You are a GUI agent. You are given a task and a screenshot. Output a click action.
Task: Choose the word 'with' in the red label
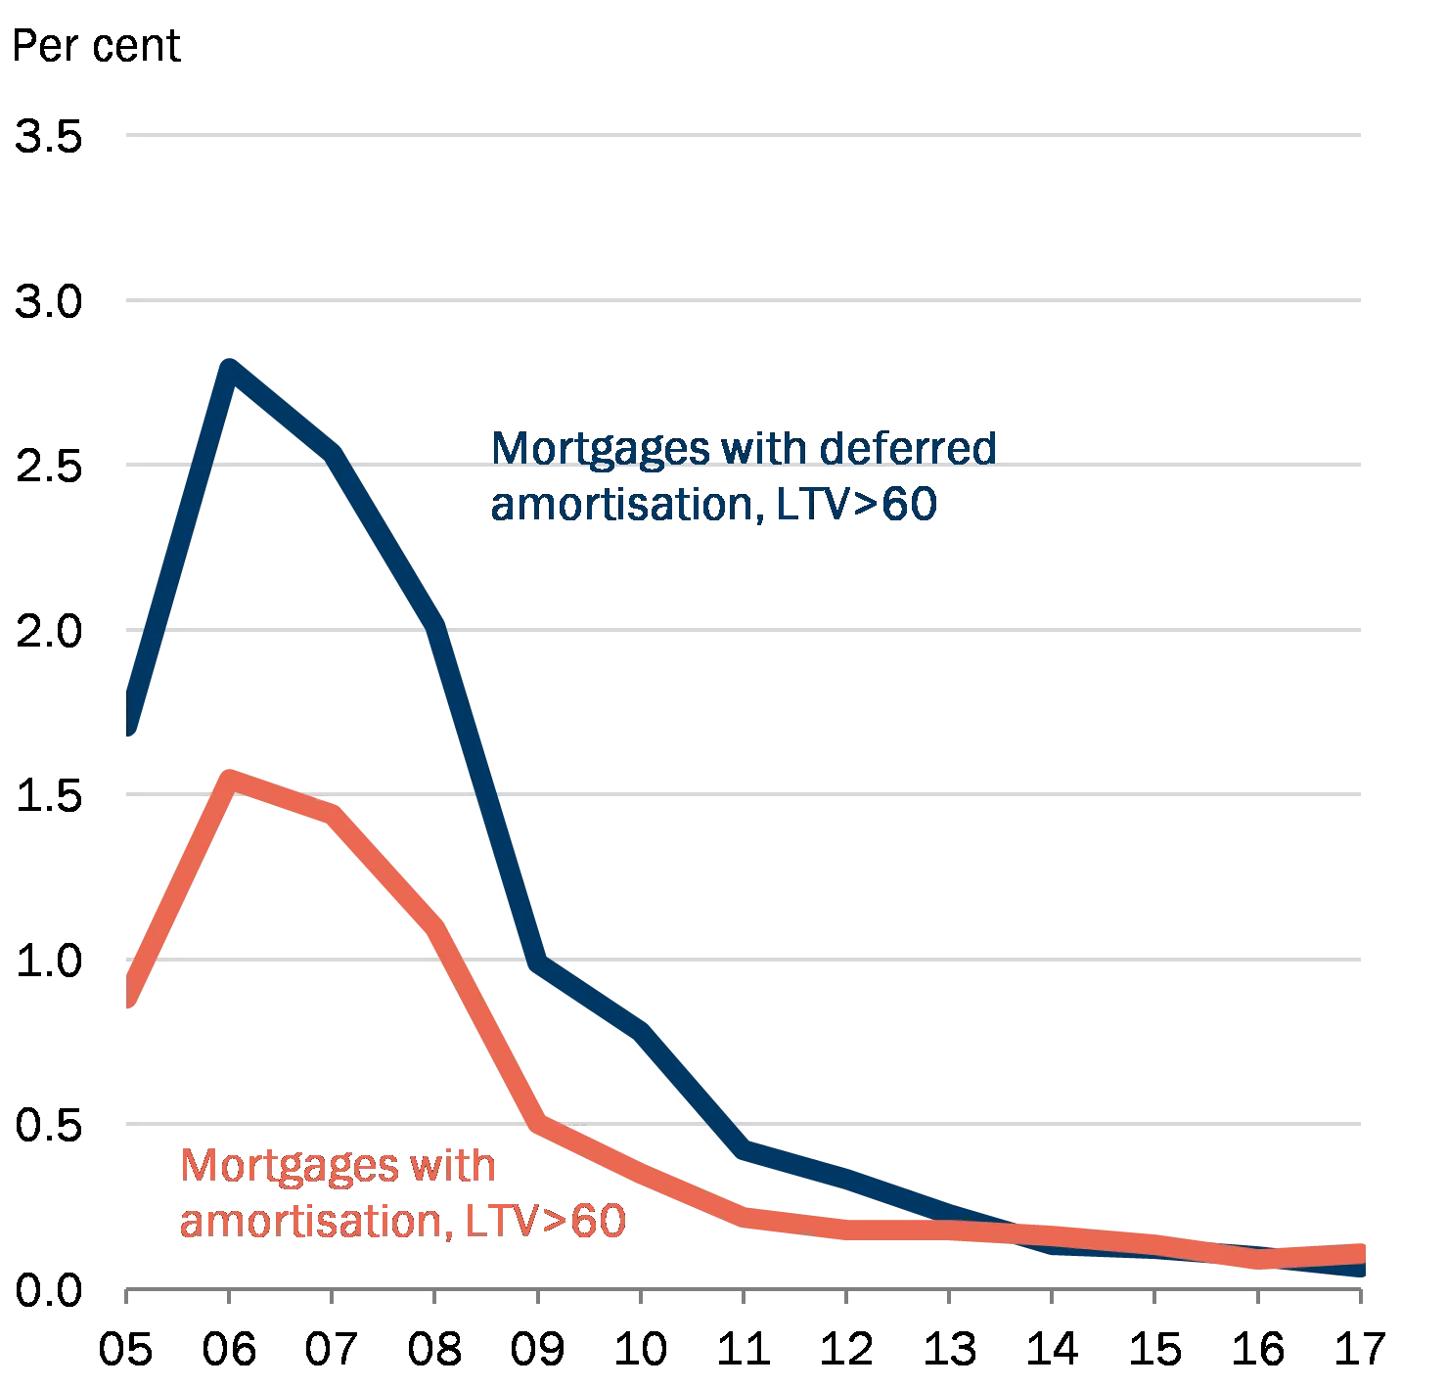[454, 1167]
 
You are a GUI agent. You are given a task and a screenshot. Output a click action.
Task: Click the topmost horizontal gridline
[744, 137]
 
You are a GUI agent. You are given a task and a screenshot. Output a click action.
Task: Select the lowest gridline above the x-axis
[744, 1121]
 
